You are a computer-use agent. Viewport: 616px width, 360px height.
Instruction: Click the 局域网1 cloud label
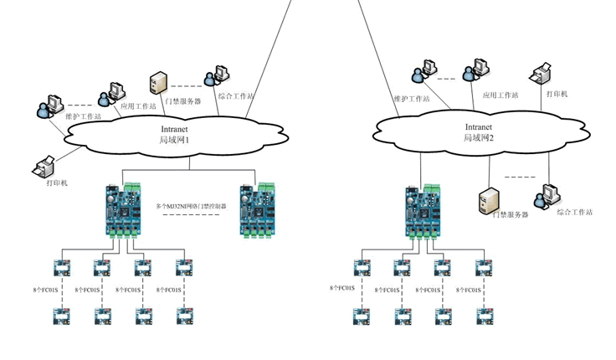(176, 140)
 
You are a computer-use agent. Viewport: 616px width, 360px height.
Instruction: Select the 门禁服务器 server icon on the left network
(157, 84)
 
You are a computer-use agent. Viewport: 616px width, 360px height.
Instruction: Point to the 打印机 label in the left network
(57, 183)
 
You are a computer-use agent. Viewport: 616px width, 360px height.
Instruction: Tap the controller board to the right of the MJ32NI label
(257, 209)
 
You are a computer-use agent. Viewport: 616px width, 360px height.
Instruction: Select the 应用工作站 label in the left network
(139, 106)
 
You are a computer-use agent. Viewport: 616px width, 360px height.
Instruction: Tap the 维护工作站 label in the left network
(84, 116)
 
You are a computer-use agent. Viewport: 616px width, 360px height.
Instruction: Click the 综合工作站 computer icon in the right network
(549, 193)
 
